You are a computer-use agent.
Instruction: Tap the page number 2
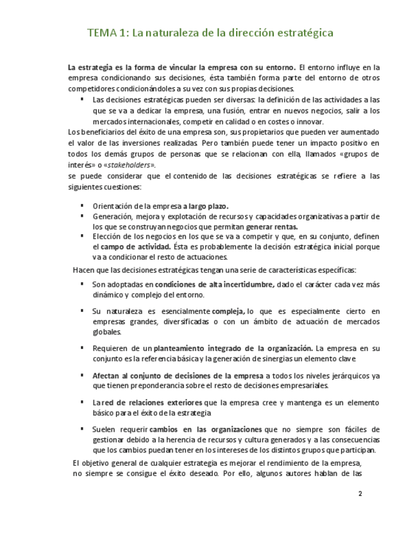[x=360, y=494]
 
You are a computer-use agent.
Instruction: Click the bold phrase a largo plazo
[x=206, y=206]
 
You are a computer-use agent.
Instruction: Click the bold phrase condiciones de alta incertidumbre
[x=214, y=284]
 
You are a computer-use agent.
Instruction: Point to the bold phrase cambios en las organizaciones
[x=206, y=429]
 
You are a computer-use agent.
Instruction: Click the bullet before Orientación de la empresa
[x=82, y=206]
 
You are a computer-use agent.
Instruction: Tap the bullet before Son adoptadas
[x=82, y=284]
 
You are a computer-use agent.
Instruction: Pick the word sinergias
[x=283, y=358]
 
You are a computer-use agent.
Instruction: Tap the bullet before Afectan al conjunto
[x=82, y=375]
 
